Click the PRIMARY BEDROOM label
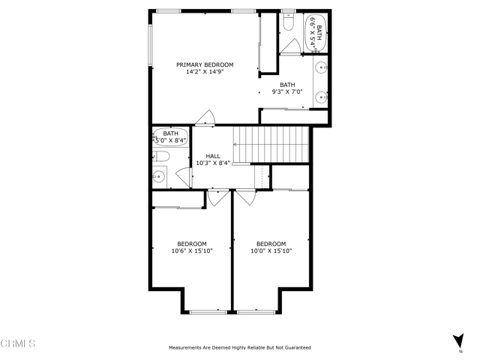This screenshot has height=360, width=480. [205, 64]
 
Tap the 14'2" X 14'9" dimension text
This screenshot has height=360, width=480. [205, 72]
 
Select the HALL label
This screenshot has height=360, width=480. [213, 156]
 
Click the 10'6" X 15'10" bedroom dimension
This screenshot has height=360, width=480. [192, 251]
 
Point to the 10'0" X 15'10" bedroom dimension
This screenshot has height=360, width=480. [271, 251]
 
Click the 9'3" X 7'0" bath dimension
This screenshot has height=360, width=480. [287, 91]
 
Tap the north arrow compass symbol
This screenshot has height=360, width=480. [458, 340]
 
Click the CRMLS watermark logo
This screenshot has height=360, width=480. [18, 343]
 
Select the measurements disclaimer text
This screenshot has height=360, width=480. [240, 347]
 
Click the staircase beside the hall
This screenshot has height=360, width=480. [271, 145]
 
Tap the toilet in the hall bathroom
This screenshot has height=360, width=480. [161, 156]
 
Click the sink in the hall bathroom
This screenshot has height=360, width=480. [159, 177]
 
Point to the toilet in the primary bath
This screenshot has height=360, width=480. [288, 22]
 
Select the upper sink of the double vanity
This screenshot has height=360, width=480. [321, 67]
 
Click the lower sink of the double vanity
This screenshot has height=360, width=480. [321, 97]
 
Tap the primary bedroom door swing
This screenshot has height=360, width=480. [205, 117]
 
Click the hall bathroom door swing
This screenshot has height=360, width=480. [183, 178]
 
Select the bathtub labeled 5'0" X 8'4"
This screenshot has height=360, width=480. [170, 137]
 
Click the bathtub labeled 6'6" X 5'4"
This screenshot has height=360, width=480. [316, 33]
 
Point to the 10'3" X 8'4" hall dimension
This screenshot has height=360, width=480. [213, 163]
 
